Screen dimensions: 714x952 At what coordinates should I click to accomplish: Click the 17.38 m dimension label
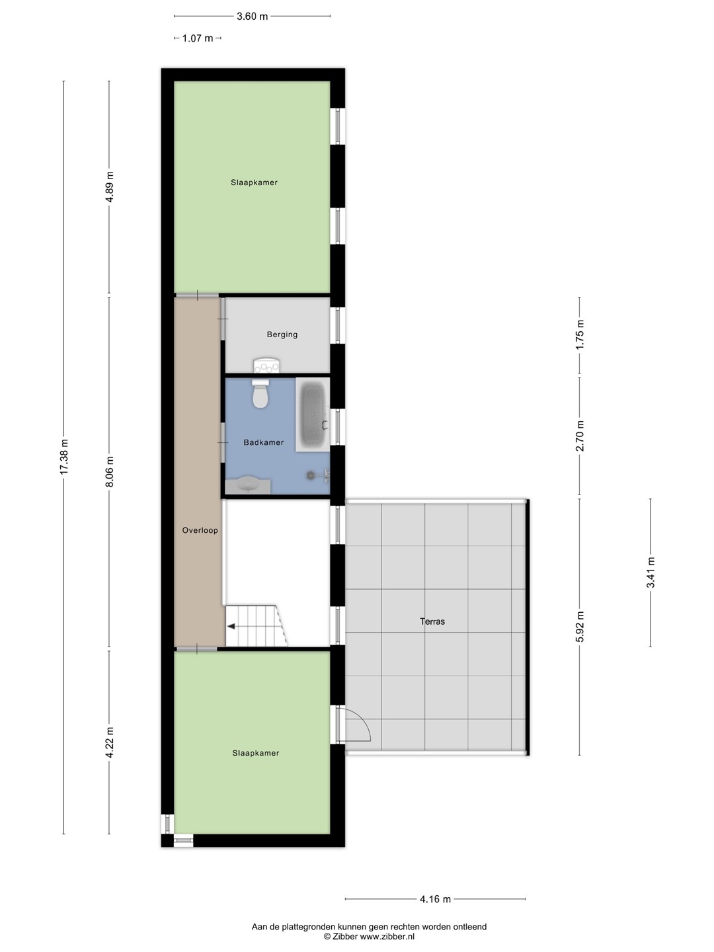[64, 456]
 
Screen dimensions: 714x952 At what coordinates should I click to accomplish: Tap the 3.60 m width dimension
[252, 17]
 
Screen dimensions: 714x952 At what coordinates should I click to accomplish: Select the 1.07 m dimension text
[198, 38]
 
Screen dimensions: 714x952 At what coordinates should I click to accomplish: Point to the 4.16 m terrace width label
[435, 899]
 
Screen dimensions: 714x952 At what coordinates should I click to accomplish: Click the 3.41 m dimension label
[651, 573]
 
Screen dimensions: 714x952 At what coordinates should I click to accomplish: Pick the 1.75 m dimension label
[580, 335]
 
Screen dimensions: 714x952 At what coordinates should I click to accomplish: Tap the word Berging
[282, 335]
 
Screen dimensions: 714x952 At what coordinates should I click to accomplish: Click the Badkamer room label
[264, 442]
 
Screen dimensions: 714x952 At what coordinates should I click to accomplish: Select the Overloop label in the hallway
[200, 530]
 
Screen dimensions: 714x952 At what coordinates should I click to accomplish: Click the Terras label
[432, 621]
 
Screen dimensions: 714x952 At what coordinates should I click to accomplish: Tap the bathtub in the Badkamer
[313, 415]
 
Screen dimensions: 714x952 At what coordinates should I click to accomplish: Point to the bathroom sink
[249, 486]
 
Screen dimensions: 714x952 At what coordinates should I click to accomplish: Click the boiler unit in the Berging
[266, 365]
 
